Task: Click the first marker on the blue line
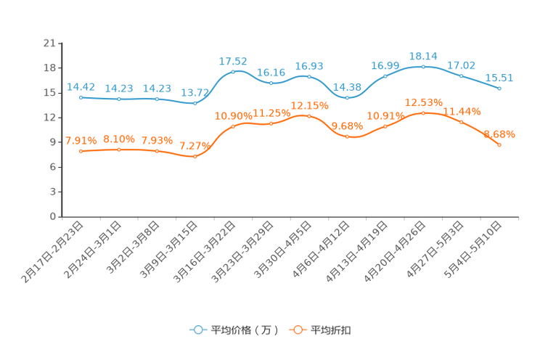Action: [81, 97]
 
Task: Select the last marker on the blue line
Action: [499, 88]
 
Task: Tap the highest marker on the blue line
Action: [423, 66]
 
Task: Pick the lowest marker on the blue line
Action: [195, 104]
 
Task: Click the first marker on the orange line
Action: [81, 151]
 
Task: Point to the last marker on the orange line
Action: [499, 145]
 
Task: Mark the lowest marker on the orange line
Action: [195, 156]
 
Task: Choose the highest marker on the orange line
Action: [423, 112]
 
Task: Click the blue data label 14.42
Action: [81, 86]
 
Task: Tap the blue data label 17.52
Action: [233, 61]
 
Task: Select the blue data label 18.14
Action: [423, 55]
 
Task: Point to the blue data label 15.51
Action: [499, 78]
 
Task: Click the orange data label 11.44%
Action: [462, 111]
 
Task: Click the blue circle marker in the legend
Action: [197, 330]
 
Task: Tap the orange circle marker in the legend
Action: [297, 330]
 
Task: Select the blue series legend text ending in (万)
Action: [244, 330]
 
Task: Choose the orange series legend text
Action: [332, 330]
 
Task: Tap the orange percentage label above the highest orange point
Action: [423, 102]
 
